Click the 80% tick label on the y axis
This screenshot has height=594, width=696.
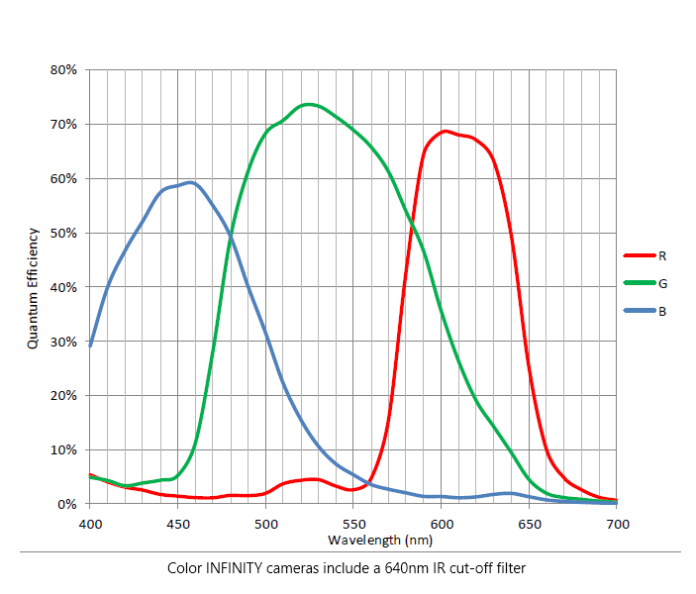point(65,70)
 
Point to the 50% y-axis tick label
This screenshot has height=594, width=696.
point(65,233)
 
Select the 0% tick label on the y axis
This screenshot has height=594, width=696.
point(68,504)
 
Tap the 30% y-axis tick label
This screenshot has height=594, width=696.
point(65,342)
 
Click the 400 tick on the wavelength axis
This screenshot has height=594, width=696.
point(90,523)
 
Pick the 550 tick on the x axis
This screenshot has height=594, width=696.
point(352,523)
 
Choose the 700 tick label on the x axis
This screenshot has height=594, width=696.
point(616,523)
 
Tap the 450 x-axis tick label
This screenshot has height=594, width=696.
point(177,523)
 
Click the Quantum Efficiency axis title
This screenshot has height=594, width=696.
point(33,287)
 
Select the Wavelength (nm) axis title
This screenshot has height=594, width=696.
point(352,540)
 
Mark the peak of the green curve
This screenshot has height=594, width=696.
point(309,104)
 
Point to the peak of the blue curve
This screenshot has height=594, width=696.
point(190,182)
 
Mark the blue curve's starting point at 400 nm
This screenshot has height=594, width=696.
point(90,346)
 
